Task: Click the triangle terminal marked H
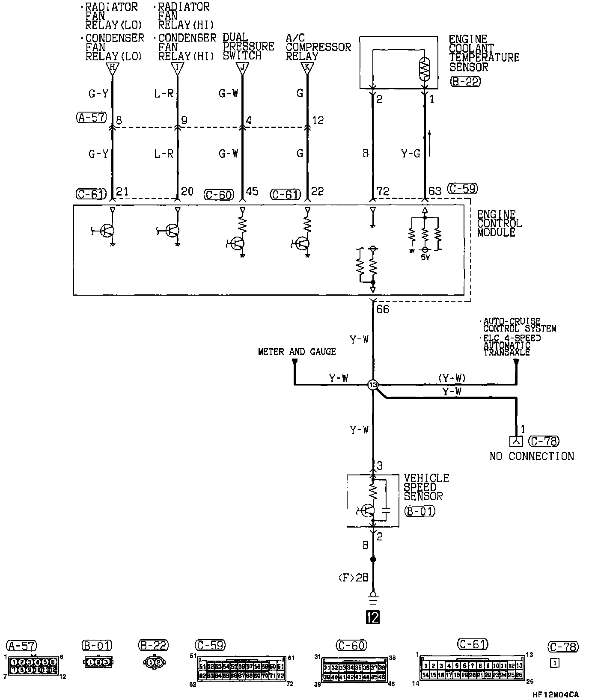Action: pyautogui.click(x=112, y=68)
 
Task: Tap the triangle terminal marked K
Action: pyautogui.click(x=306, y=68)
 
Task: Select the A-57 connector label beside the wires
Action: pyautogui.click(x=91, y=117)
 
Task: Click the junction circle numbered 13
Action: pyautogui.click(x=373, y=385)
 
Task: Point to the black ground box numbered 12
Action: pyautogui.click(x=373, y=617)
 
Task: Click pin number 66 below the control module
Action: pyautogui.click(x=383, y=309)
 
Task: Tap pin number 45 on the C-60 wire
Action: pyautogui.click(x=253, y=191)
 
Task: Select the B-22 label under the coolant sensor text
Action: pyautogui.click(x=465, y=81)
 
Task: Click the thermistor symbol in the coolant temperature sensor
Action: pyautogui.click(x=425, y=68)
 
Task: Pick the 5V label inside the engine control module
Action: pyautogui.click(x=425, y=257)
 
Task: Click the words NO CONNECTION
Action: pyautogui.click(x=531, y=456)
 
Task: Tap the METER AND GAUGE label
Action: pyautogui.click(x=297, y=352)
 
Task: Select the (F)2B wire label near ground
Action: pyautogui.click(x=353, y=578)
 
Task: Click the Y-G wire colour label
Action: pyautogui.click(x=410, y=153)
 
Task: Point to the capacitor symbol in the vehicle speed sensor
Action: pyautogui.click(x=386, y=510)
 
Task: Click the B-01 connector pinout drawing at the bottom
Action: pyautogui.click(x=98, y=661)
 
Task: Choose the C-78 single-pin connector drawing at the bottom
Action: pyautogui.click(x=554, y=663)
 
